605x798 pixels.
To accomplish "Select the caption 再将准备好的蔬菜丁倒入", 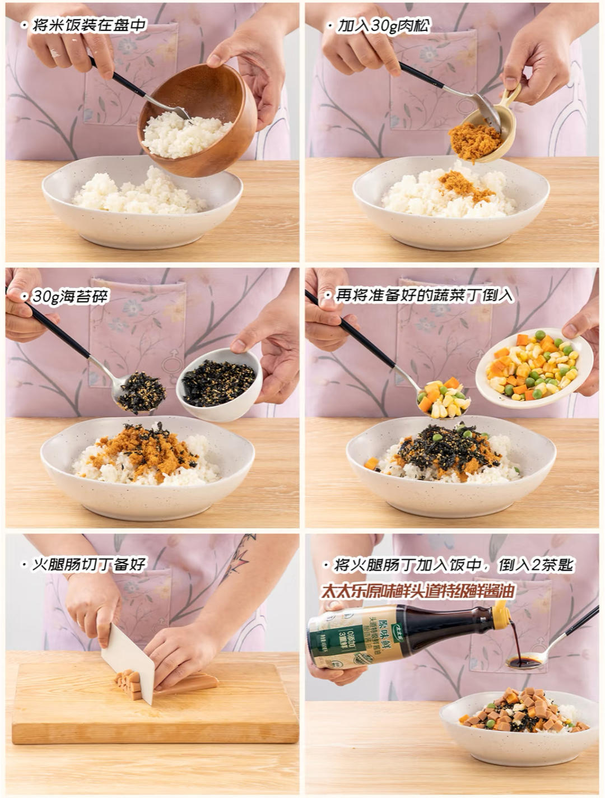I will coord(424,296).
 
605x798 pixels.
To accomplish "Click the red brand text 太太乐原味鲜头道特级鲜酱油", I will coord(418,591).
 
